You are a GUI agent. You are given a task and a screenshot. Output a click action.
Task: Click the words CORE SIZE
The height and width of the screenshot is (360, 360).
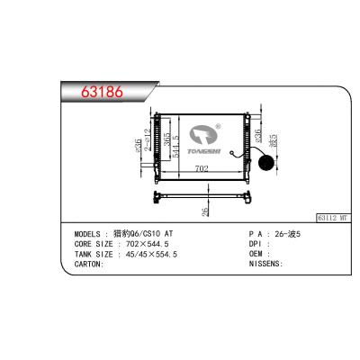[95, 245]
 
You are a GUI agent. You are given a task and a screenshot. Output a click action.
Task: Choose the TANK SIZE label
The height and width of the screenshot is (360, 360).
[95, 255]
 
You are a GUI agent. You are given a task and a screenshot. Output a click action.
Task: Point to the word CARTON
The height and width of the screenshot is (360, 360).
[91, 265]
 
